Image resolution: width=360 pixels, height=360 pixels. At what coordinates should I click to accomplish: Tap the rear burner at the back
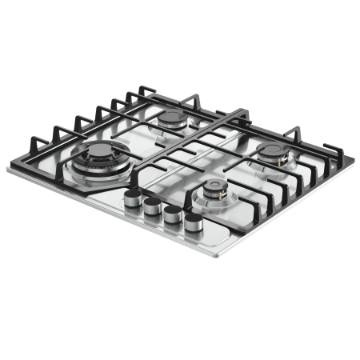pyautogui.click(x=172, y=120)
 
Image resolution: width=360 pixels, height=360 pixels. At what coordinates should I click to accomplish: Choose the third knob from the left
pyautogui.click(x=170, y=214)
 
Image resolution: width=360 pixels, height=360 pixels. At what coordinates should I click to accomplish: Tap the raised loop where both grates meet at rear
pyautogui.click(x=240, y=112)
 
